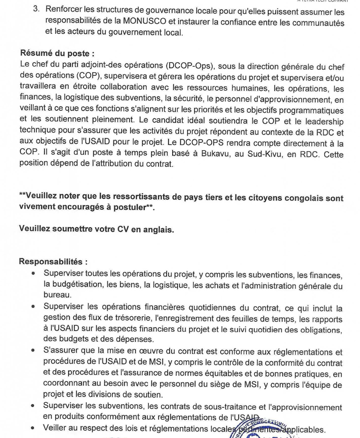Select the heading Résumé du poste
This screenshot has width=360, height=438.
coord(57,53)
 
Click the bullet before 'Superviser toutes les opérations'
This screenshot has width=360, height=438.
coord(33,274)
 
